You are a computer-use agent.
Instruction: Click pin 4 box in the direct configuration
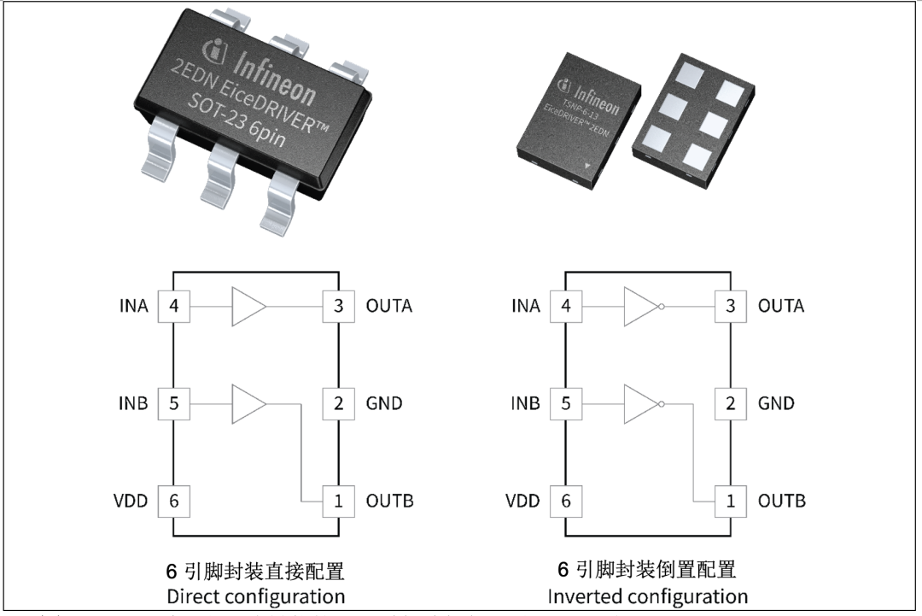click(x=174, y=306)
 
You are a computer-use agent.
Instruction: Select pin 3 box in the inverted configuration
click(x=730, y=306)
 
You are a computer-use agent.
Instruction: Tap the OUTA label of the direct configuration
click(x=388, y=306)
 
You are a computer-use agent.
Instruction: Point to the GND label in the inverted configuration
click(x=776, y=403)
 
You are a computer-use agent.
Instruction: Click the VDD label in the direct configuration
click(x=131, y=502)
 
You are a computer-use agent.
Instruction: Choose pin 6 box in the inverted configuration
click(x=565, y=502)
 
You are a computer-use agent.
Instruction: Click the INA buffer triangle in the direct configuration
click(x=248, y=306)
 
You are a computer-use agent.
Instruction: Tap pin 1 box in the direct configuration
click(x=338, y=502)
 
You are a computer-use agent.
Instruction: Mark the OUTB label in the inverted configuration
click(x=781, y=502)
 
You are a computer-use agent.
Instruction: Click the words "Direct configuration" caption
click(x=256, y=595)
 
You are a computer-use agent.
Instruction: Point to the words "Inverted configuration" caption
click(x=647, y=595)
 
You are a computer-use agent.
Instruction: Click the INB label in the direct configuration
click(x=133, y=403)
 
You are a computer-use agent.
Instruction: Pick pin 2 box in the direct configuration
click(x=338, y=403)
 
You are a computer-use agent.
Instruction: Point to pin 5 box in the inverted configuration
click(x=565, y=403)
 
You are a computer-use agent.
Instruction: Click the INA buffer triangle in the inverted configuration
click(x=641, y=306)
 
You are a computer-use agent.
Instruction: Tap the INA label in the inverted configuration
click(x=525, y=306)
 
